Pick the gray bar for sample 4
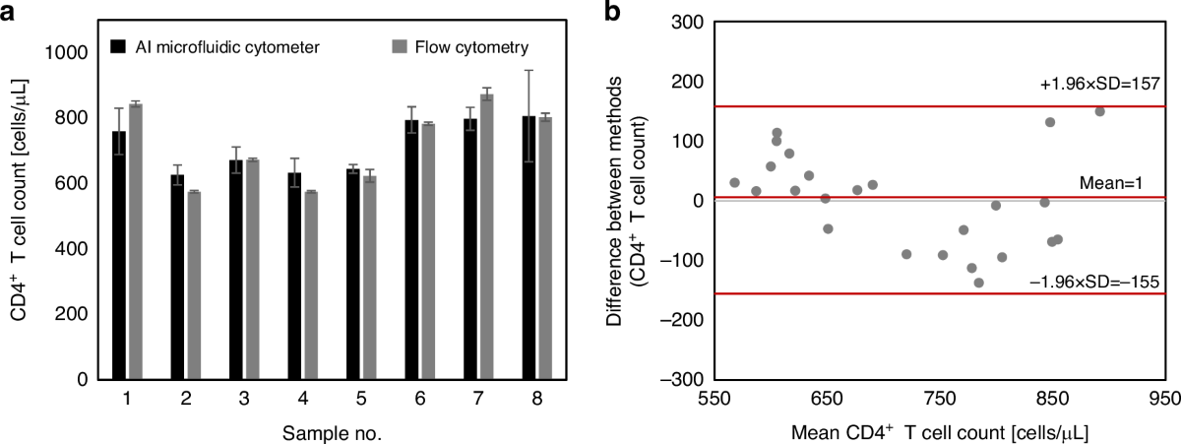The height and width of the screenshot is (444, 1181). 311,285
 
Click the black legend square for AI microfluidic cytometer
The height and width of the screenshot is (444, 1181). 117,45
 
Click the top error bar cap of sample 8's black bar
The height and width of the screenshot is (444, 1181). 528,71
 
